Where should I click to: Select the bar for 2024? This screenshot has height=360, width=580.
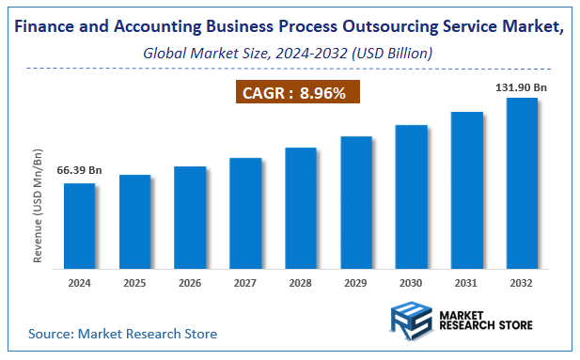79,226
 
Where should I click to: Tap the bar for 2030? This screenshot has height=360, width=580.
412,196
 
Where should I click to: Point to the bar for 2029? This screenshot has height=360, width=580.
356,202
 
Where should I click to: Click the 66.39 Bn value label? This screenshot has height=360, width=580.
79,170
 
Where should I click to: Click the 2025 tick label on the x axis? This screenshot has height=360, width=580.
134,281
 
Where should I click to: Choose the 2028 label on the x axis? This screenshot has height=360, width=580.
301,281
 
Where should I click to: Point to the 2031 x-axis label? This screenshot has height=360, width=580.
467,281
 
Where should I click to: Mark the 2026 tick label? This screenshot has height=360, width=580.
190,281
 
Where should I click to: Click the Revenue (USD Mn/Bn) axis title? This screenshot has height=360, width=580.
39,205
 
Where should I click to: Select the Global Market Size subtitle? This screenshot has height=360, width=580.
288,54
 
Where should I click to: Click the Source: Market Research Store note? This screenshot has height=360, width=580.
122,333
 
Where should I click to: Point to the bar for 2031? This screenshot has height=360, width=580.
467,190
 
